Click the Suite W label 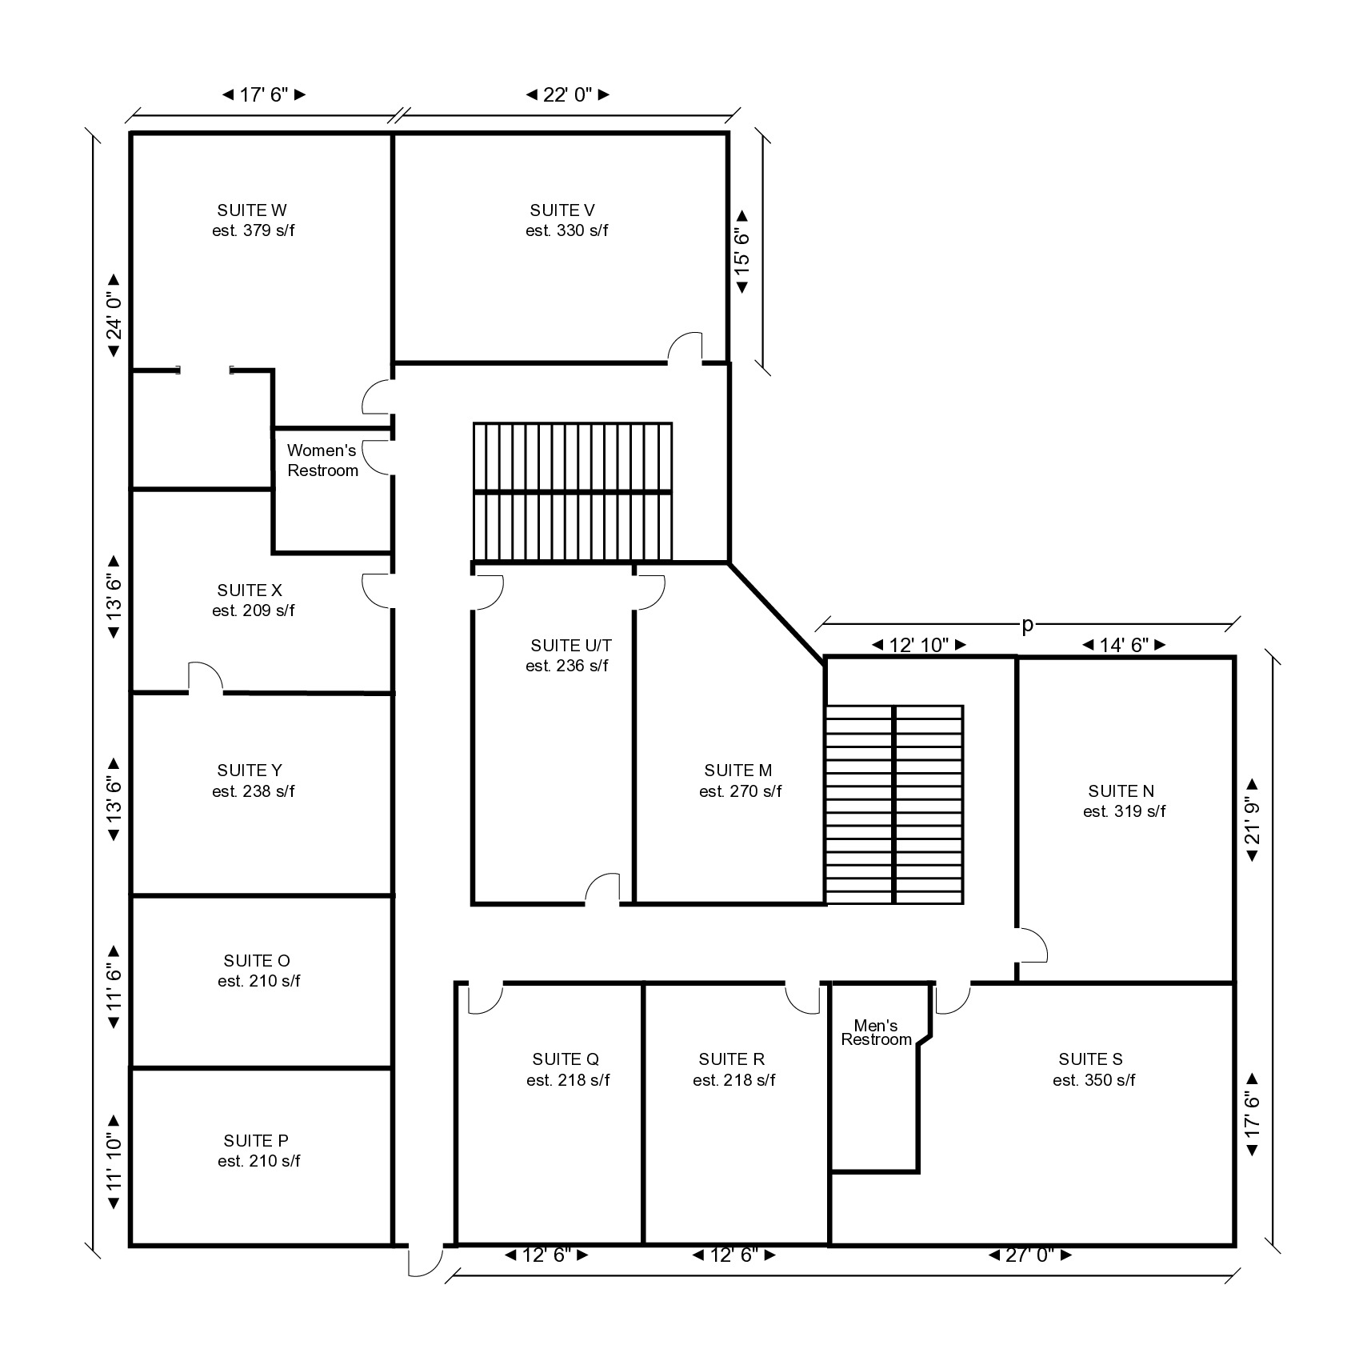252,210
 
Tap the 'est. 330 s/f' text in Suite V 566,230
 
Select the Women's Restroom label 322,460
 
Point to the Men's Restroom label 876,1032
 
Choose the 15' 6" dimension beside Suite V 742,252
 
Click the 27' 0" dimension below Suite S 1030,1255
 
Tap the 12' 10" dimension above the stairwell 919,644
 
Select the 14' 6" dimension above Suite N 1124,644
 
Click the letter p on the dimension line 1028,626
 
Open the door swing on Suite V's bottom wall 685,347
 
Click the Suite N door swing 1032,944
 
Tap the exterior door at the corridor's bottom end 426,1260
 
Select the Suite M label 737,771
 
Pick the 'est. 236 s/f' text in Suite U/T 566,666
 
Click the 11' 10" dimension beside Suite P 114,1162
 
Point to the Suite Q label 566,1059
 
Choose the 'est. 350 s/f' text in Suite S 1093,1080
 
